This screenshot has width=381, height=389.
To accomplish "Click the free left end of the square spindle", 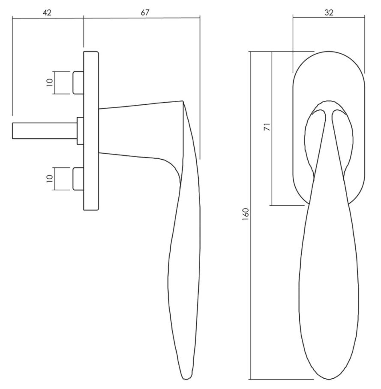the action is click(x=12, y=131).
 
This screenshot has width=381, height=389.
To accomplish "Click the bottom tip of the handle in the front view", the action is click(x=329, y=380).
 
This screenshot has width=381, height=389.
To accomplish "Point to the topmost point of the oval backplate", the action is click(x=329, y=52).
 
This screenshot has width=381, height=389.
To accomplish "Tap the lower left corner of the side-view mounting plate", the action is click(x=84, y=210).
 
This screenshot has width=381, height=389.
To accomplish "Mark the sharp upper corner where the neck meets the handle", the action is click(x=183, y=101).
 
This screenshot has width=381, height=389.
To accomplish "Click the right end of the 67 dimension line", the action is click(x=200, y=18).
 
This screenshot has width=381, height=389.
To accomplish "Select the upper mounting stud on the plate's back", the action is click(x=78, y=83).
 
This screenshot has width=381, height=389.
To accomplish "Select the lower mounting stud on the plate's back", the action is click(x=78, y=179).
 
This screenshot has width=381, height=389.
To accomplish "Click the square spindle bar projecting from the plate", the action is click(x=45, y=131).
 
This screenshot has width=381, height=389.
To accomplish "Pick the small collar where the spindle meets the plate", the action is click(x=80, y=131).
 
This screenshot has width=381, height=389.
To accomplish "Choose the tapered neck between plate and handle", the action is click(x=141, y=131).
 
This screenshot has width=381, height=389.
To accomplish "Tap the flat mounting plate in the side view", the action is click(x=91, y=131).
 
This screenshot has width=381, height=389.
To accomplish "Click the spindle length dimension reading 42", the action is click(x=47, y=12).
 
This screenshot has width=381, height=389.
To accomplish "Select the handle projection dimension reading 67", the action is click(x=145, y=12).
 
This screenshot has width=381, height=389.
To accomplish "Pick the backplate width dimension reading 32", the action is click(x=329, y=12).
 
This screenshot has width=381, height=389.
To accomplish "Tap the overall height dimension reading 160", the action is click(x=245, y=215).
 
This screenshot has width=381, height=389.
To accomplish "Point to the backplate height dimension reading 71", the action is click(x=267, y=127).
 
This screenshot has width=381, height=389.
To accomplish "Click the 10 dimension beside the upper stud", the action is click(x=50, y=82).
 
